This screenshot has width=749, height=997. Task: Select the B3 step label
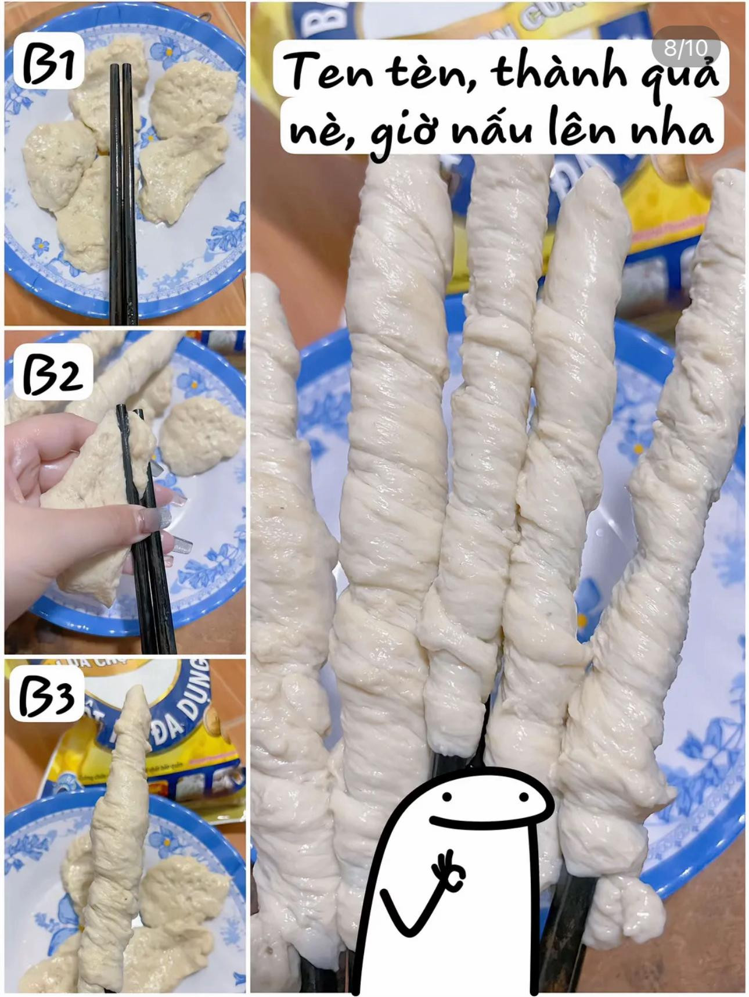(46, 696)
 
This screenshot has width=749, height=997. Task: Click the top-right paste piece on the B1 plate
(195, 99)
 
